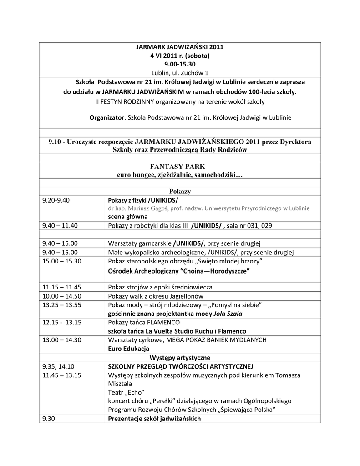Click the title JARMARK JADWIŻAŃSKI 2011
point(180,47)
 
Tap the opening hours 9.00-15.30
point(180,64)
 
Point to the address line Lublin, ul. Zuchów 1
point(180,73)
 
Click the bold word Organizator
point(106,117)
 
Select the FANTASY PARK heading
point(180,167)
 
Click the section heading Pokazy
point(180,192)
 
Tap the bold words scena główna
point(127,217)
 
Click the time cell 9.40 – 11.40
point(60,225)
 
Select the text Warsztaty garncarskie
point(139,243)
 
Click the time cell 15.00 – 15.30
point(61,261)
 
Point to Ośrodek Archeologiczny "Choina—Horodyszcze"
point(179,271)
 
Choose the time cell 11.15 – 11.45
point(61,287)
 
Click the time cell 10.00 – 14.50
point(61,296)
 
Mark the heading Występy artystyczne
point(180,358)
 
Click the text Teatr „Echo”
point(123,392)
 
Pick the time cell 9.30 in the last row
point(48,419)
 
